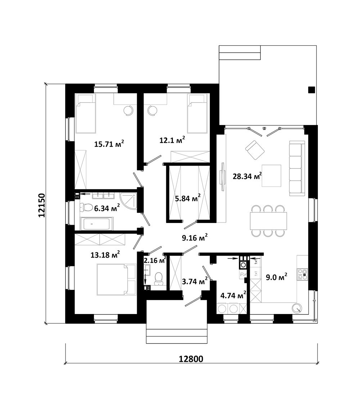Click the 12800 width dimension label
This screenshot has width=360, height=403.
click(191, 359)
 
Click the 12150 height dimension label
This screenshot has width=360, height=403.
click(42, 205)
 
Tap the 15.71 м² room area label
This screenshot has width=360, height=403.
click(109, 143)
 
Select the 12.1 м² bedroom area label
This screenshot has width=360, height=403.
click(172, 140)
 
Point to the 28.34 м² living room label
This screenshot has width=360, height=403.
click(247, 176)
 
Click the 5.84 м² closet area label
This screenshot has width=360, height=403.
click(188, 198)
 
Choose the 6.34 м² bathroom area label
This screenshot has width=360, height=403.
click(107, 208)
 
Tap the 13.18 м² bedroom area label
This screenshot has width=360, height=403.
click(105, 255)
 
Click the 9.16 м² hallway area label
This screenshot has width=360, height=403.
click(195, 237)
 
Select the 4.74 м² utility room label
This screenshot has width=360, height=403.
click(233, 295)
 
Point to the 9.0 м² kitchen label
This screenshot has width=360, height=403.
click(276, 277)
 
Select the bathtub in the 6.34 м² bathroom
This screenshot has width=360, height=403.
click(96, 224)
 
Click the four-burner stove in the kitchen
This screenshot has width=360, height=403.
click(302, 274)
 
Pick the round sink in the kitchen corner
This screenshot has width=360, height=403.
click(297, 308)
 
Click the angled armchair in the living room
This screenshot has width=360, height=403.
click(255, 150)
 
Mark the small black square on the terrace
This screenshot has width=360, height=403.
click(311, 90)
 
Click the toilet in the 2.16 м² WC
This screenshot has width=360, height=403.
click(158, 279)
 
